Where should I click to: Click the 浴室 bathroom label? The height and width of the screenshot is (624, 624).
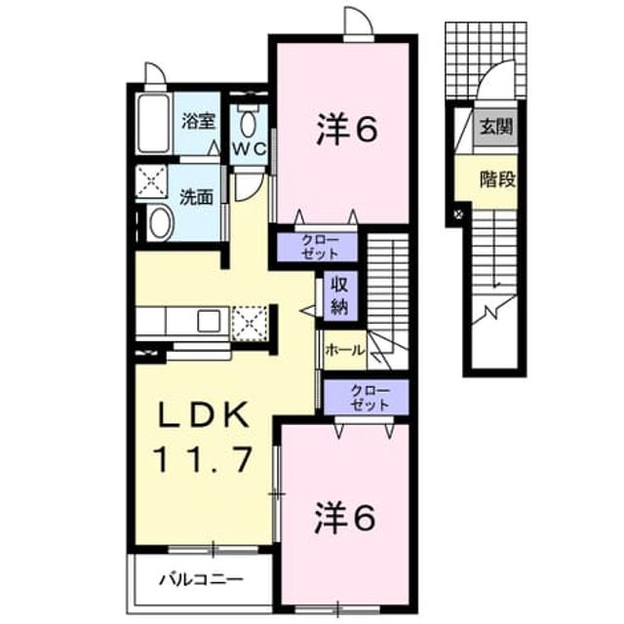[198, 121]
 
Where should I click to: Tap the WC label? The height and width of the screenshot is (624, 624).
[250, 149]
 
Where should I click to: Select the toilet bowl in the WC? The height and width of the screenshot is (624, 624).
[249, 124]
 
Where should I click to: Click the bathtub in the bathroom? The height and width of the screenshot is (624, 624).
[154, 124]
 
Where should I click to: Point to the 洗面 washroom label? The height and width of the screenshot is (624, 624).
[197, 197]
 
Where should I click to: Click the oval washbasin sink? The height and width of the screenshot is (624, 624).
[160, 223]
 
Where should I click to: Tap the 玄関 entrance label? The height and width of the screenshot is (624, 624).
[496, 127]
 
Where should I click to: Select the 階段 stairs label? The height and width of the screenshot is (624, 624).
[497, 178]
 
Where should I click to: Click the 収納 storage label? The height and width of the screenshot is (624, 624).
[339, 294]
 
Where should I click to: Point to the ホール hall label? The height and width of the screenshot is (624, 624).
[344, 351]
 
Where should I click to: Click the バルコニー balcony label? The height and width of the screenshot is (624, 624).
[201, 579]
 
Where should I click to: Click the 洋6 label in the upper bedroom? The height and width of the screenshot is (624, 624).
[346, 129]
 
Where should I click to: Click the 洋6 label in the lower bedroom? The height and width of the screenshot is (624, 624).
[345, 518]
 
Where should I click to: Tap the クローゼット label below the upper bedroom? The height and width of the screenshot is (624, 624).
[320, 247]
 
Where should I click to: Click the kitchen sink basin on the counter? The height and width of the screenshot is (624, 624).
[209, 321]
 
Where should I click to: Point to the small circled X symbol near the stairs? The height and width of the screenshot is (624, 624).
[459, 214]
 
